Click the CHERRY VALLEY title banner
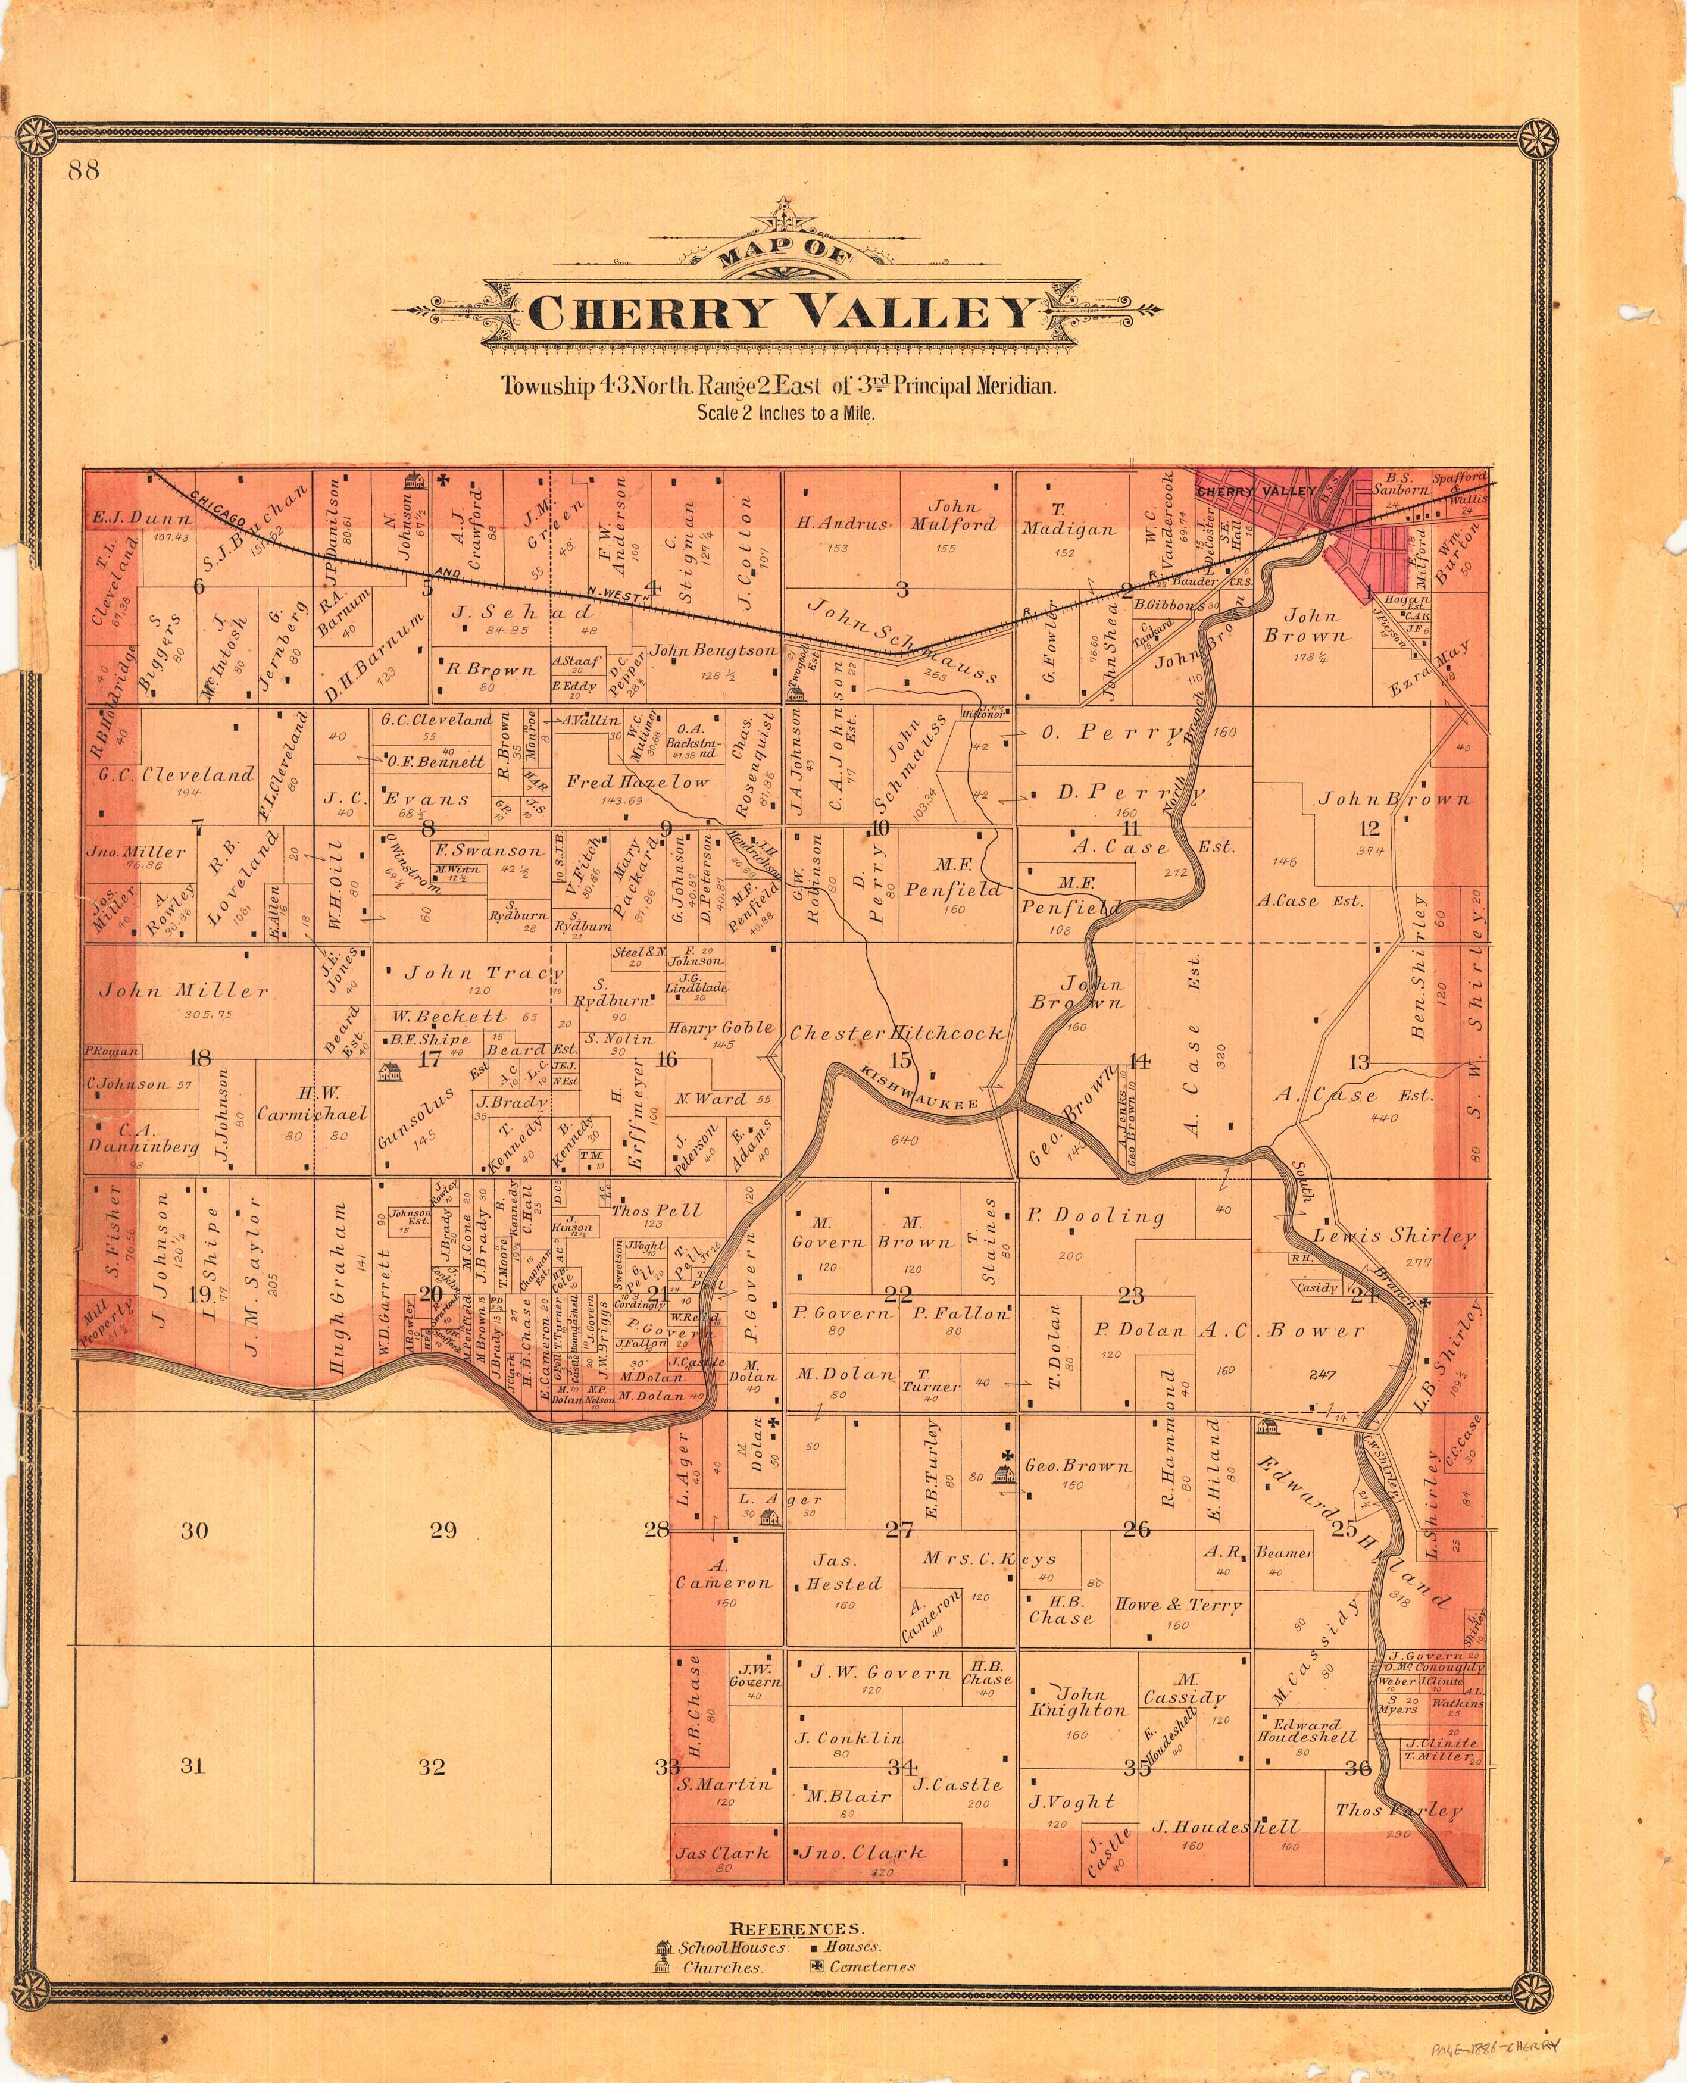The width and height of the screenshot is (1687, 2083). [782, 313]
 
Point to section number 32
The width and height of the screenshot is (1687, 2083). [432, 1766]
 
